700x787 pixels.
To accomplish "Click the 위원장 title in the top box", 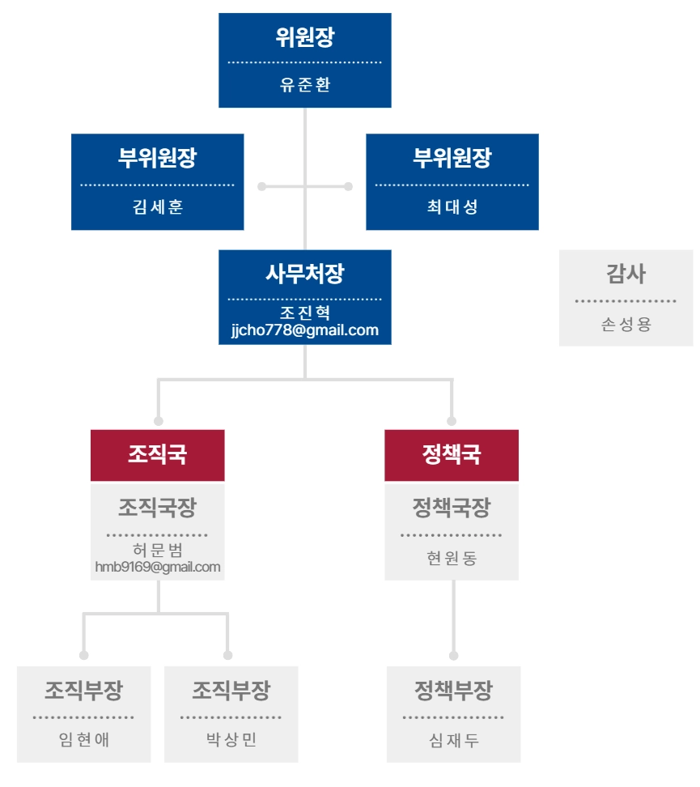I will (305, 37).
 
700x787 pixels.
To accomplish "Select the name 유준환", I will (305, 85).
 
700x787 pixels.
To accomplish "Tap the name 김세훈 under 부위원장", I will (158, 206).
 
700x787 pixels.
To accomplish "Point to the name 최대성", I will (452, 206).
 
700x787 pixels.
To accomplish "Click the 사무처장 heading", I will (305, 274).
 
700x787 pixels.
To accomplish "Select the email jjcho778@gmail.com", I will (305, 330).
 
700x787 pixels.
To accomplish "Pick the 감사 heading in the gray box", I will (626, 274).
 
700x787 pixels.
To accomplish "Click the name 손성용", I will (626, 325).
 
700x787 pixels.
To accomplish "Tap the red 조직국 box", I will (158, 455).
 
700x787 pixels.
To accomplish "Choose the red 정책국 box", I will (452, 455).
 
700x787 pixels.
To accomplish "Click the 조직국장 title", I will (158, 508).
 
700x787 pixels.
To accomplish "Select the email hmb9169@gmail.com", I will (158, 567).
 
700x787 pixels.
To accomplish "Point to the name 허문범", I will (158, 551).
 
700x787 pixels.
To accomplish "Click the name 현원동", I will (452, 558).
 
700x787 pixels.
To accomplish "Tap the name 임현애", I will (84, 740).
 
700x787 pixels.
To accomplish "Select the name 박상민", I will (231, 740).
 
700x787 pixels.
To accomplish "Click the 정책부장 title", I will (453, 691).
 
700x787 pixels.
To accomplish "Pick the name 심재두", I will (453, 740).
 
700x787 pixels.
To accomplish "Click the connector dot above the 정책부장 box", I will (453, 655).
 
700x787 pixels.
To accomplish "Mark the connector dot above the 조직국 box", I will (159, 421).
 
